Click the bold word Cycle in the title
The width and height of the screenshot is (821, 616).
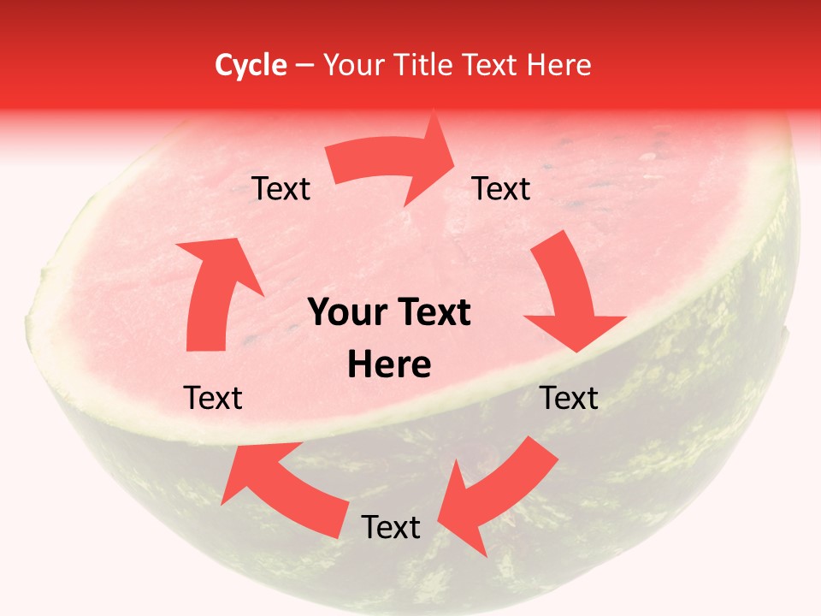[251, 65]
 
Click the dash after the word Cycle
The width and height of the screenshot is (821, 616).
[304, 66]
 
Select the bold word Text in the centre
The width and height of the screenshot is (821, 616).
[431, 313]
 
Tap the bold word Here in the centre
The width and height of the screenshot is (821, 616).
[389, 365]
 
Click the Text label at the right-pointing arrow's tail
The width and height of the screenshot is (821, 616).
[281, 189]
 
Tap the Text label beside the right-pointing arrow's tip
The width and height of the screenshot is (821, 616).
[501, 189]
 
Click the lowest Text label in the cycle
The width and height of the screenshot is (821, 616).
[391, 527]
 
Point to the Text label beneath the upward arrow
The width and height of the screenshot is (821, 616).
[214, 398]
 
